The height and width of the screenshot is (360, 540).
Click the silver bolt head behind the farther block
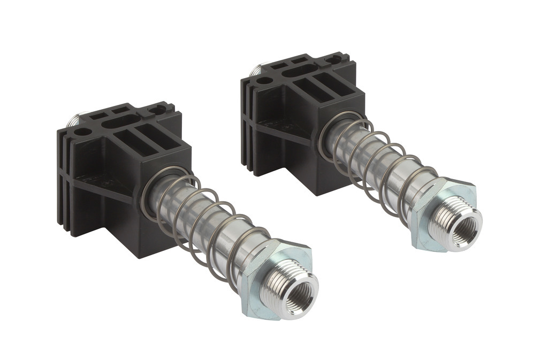click(x=255, y=68)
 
